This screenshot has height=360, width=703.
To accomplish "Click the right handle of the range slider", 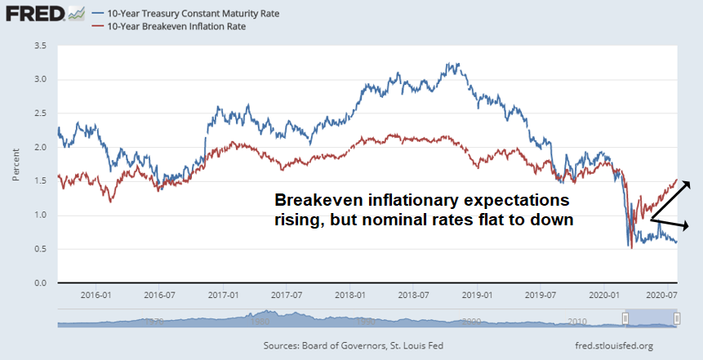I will (677, 318).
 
